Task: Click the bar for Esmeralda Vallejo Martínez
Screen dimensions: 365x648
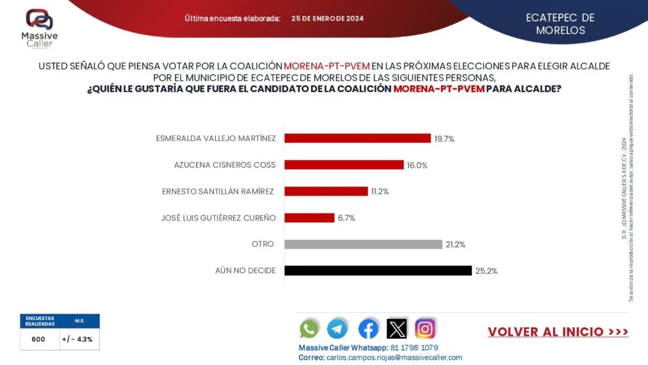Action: (x=357, y=138)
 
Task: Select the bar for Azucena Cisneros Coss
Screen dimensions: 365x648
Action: (x=343, y=165)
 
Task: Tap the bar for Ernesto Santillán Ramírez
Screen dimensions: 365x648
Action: (x=326, y=191)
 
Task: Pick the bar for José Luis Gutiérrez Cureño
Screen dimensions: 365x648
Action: (x=309, y=218)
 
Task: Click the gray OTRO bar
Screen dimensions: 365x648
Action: (x=363, y=244)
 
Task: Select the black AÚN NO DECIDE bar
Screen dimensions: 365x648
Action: (x=377, y=270)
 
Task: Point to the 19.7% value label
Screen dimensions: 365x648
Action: (x=445, y=138)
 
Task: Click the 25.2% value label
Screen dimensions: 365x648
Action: (x=486, y=271)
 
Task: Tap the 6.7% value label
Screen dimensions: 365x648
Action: (x=346, y=218)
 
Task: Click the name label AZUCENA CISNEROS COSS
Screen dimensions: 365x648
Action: (x=225, y=165)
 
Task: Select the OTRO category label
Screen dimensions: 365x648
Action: (x=263, y=244)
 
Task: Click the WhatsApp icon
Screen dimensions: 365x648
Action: (x=309, y=329)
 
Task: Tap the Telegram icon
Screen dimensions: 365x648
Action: (x=337, y=329)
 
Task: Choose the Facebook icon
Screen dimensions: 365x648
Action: (x=368, y=329)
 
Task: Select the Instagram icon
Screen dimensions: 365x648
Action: (x=425, y=329)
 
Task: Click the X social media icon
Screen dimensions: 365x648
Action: (x=397, y=329)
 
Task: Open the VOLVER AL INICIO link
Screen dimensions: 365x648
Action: (x=558, y=332)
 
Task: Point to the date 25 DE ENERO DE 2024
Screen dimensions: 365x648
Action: (x=327, y=18)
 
